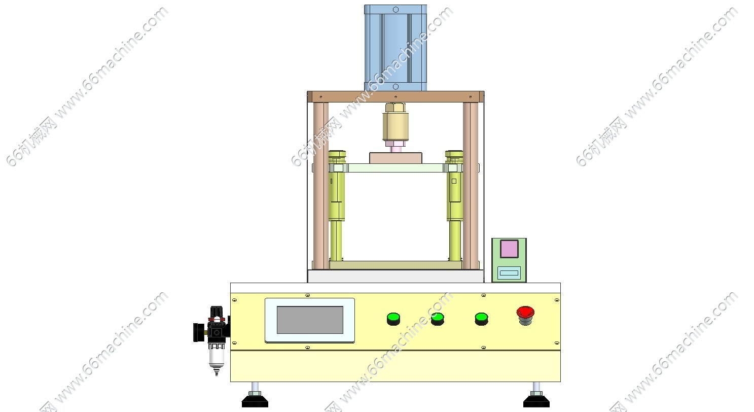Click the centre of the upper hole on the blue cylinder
[396, 10]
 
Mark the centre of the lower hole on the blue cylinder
[396, 87]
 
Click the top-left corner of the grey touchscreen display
[277, 306]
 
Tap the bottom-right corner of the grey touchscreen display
[343, 333]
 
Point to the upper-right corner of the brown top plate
[484, 91]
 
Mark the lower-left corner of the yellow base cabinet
[231, 382]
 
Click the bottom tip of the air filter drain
[217, 375]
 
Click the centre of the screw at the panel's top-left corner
[235, 300]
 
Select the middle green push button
[437, 319]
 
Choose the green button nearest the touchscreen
[393, 319]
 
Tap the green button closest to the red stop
[481, 319]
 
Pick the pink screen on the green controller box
[509, 249]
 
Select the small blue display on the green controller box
[509, 273]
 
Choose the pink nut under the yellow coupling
[396, 144]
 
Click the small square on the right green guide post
[454, 181]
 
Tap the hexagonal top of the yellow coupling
[396, 108]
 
